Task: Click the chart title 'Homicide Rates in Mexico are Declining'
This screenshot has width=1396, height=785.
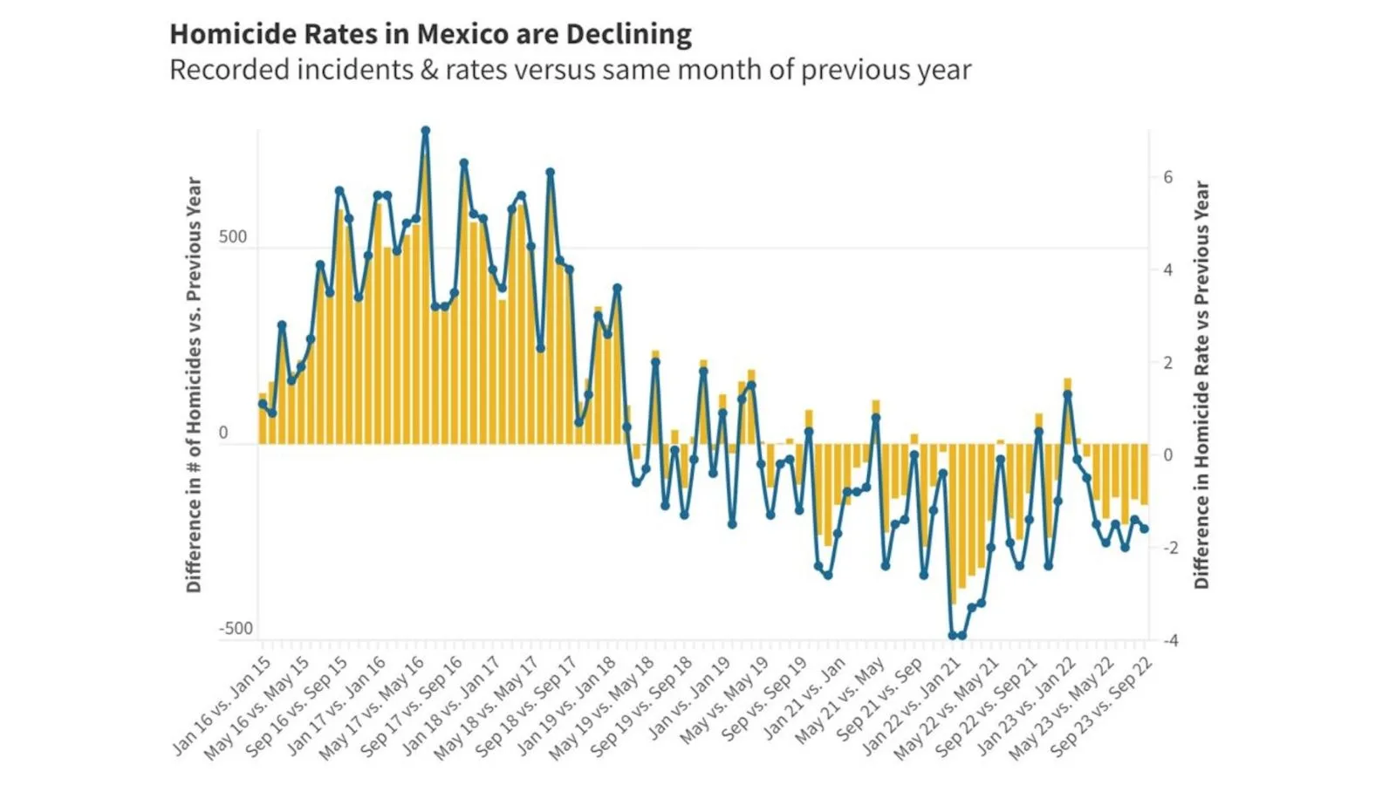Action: [430, 34]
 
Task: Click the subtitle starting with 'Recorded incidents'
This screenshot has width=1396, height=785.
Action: [570, 70]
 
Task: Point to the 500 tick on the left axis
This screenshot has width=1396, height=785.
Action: [233, 237]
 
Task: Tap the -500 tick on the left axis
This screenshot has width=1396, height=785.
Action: [235, 629]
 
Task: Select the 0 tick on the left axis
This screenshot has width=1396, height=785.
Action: [223, 433]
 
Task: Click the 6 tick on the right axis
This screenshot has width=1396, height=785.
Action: [1167, 177]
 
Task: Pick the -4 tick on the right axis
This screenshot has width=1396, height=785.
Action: [1170, 641]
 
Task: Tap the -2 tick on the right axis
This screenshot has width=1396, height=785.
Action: [1170, 548]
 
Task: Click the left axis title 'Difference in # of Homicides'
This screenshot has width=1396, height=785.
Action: [194, 384]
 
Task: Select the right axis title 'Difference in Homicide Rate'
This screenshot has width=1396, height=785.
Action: [1201, 384]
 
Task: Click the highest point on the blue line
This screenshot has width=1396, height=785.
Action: [426, 131]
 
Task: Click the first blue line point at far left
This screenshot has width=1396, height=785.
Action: [263, 403]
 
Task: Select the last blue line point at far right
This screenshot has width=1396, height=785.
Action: [1145, 529]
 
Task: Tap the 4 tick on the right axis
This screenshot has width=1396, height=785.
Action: [1167, 270]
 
